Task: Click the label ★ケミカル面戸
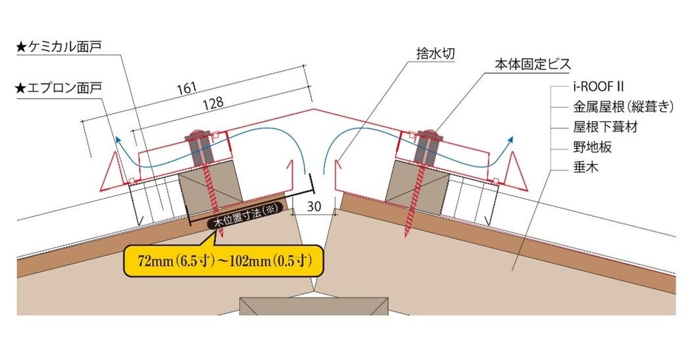(x=62, y=47)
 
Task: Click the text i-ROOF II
(x=598, y=86)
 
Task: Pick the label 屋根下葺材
(x=604, y=127)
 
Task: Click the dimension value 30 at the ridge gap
(x=314, y=205)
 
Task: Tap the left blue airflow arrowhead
(x=118, y=139)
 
